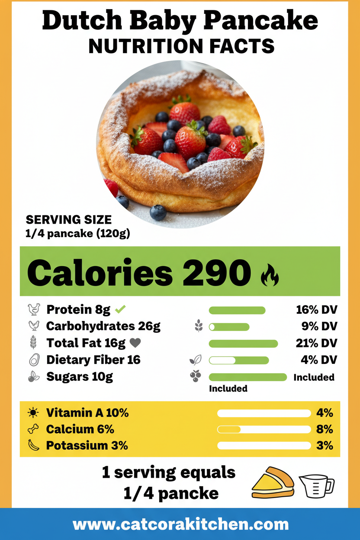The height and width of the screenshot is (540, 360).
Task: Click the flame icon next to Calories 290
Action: tap(270, 276)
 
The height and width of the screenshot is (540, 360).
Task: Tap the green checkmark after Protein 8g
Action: tap(120, 309)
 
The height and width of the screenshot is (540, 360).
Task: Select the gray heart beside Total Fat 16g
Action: tap(135, 343)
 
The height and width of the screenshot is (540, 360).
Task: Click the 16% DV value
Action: tap(316, 310)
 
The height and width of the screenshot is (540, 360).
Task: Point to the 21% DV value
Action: tap(316, 343)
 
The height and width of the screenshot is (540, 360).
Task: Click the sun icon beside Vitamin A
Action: tap(33, 413)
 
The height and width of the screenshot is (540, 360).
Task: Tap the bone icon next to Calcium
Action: tap(33, 429)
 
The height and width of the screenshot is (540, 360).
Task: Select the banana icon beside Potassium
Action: tap(33, 446)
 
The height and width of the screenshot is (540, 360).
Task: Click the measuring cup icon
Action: tap(316, 485)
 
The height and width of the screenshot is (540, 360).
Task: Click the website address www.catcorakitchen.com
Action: tap(180, 524)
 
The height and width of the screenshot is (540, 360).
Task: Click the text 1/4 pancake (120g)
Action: tap(78, 234)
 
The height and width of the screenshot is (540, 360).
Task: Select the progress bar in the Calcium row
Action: tap(264, 430)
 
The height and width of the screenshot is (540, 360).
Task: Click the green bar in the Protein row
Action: tap(237, 310)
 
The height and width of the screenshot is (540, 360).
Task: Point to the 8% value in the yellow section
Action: tap(324, 429)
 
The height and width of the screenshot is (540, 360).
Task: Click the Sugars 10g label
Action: tap(80, 376)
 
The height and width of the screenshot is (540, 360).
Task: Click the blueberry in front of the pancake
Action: tap(158, 212)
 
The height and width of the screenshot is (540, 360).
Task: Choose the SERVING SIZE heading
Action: tap(68, 219)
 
